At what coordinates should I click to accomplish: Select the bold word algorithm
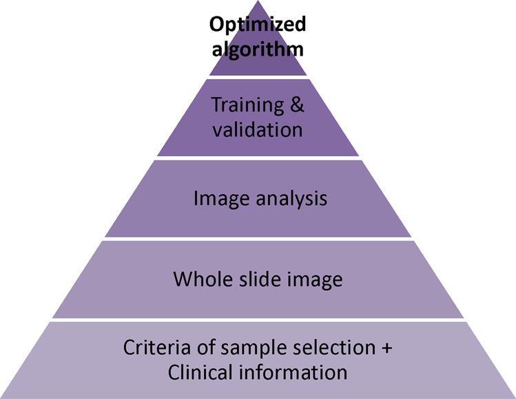click(x=258, y=50)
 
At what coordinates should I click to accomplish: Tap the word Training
click(x=245, y=106)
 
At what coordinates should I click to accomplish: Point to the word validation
click(x=258, y=129)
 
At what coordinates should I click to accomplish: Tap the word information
click(x=295, y=372)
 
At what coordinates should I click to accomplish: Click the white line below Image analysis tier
click(x=258, y=239)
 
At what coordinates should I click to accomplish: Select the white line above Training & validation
click(x=258, y=77)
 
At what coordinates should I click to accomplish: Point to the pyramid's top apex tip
click(x=258, y=2)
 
